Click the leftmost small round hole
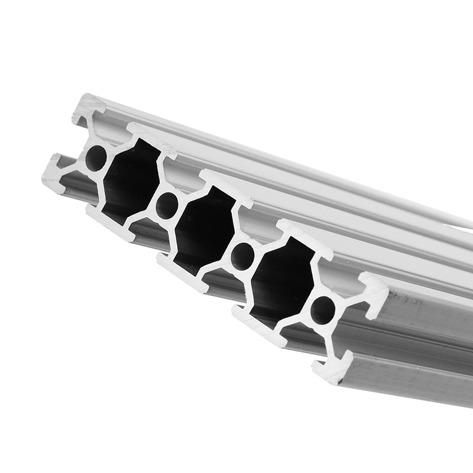96,158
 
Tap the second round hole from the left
167,205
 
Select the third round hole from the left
242,256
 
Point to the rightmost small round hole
323,310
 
